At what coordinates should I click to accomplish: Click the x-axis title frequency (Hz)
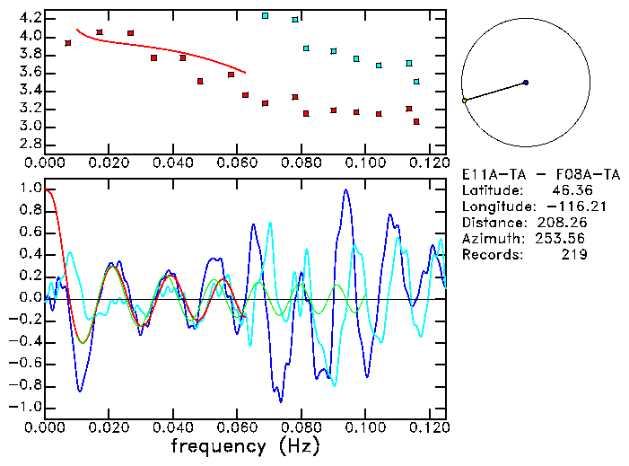[x=242, y=444]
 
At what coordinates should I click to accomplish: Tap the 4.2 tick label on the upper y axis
[x=30, y=18]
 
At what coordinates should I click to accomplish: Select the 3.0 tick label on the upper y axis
[x=30, y=127]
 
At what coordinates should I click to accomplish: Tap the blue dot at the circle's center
[x=526, y=83]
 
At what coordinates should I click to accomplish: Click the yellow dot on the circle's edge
[x=464, y=101]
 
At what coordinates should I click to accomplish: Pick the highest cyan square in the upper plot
[x=265, y=15]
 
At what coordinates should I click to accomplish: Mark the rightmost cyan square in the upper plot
[x=416, y=82]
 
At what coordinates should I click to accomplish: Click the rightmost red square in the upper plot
[x=416, y=121]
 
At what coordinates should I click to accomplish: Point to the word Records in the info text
[x=490, y=254]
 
